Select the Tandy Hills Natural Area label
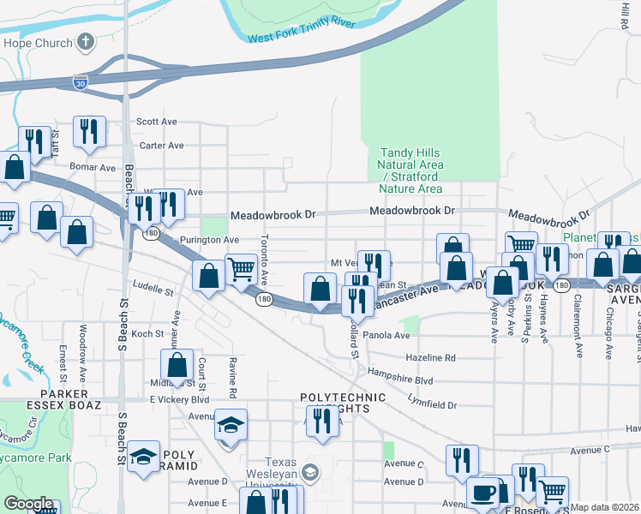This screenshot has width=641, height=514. pos(411,170)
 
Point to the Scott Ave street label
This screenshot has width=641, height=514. pos(157,122)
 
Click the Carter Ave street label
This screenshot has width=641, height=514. pos(162,146)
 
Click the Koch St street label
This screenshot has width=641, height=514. pos(147,334)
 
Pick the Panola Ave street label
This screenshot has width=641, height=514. pos(386,335)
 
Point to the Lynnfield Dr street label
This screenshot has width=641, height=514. pos(433,404)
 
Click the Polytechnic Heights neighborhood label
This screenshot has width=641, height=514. pos(335,403)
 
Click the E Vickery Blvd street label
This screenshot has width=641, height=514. pos(180,399)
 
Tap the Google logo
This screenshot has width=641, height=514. pos(28,503)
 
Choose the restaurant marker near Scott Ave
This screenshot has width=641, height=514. pos(89,131)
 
